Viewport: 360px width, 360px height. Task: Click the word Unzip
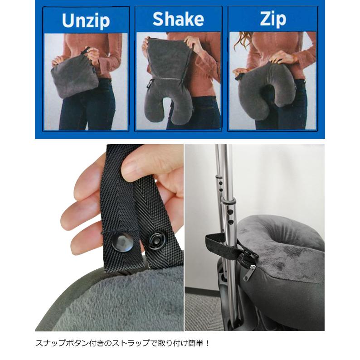86,20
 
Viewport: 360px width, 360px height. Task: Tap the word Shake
178,19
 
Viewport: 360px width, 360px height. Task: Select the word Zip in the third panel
273,19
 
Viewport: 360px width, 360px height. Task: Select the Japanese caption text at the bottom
123,343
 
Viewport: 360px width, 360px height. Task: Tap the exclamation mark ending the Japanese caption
208,343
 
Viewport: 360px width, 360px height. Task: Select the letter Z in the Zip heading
264,19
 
